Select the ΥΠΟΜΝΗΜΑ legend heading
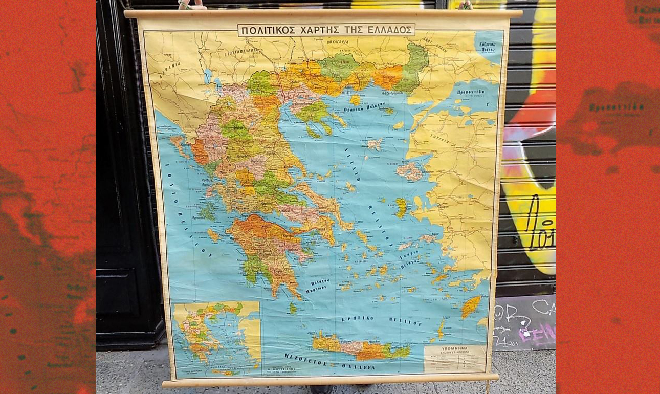click(x=454, y=348)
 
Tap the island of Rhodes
click(x=471, y=307)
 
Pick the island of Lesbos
click(x=410, y=171)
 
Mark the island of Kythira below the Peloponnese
click(x=293, y=308)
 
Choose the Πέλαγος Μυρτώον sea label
click(x=316, y=284)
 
